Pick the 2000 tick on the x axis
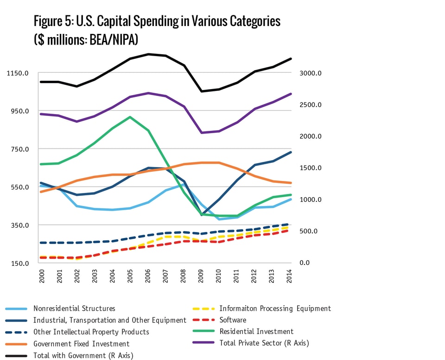pyautogui.click(x=42, y=275)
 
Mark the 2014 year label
pyautogui.click(x=290, y=275)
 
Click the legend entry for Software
pyautogui.click(x=233, y=320)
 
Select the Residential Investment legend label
pyautogui.click(x=256, y=332)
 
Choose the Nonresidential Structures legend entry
pyautogui.click(x=74, y=309)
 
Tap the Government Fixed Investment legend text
pyautogui.click(x=81, y=344)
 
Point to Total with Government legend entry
pyautogui.click(x=83, y=355)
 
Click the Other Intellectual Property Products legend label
pyautogui.click(x=91, y=332)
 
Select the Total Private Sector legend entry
pyautogui.click(x=264, y=343)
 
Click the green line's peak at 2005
pyautogui.click(x=131, y=117)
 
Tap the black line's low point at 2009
pyautogui.click(x=201, y=91)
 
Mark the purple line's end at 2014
pyautogui.click(x=291, y=94)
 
